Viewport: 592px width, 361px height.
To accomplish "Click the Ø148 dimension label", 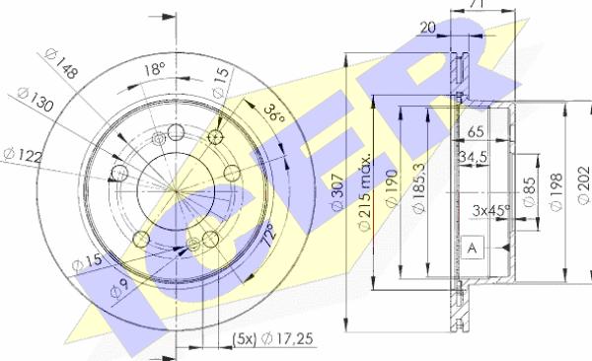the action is pos(61,63).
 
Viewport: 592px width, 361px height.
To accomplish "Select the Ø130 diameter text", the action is pos(36,99).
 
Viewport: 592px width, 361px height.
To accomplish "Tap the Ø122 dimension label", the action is pos(23,155).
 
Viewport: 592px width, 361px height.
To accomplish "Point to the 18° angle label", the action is pos(155,68).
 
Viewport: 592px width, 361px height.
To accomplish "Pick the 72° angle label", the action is pos(268,235).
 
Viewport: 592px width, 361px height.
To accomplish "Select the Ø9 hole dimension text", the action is pos(119,287).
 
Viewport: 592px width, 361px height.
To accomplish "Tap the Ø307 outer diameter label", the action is pos(337,191).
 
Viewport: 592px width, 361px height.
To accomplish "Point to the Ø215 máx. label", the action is pos(364,192).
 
